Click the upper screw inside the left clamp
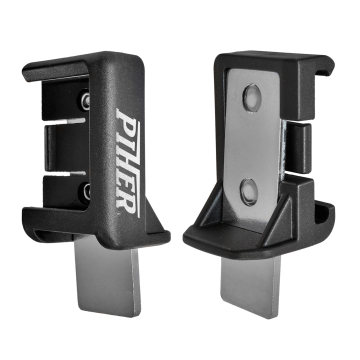[86, 99]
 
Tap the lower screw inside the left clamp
[86, 191]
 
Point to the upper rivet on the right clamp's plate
[252, 97]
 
